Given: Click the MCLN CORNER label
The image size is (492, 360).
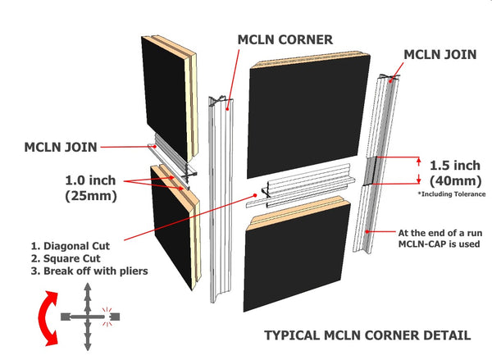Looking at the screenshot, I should tap(285, 39).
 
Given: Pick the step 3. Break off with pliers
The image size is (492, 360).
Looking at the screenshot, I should tap(89, 271).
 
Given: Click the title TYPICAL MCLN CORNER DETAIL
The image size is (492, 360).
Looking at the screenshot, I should tap(367, 335).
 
